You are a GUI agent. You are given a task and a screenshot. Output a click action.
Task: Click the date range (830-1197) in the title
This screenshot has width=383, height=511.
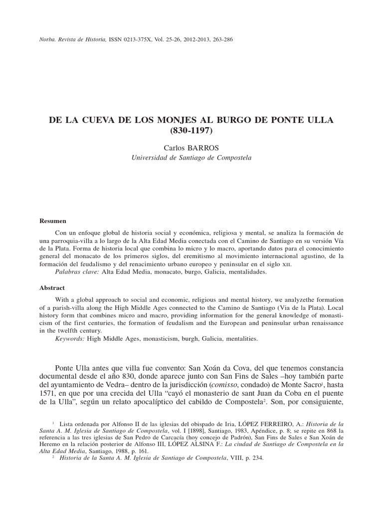coord(191,131)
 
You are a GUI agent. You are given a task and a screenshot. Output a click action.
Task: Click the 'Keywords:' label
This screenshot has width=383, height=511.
coord(71,339)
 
